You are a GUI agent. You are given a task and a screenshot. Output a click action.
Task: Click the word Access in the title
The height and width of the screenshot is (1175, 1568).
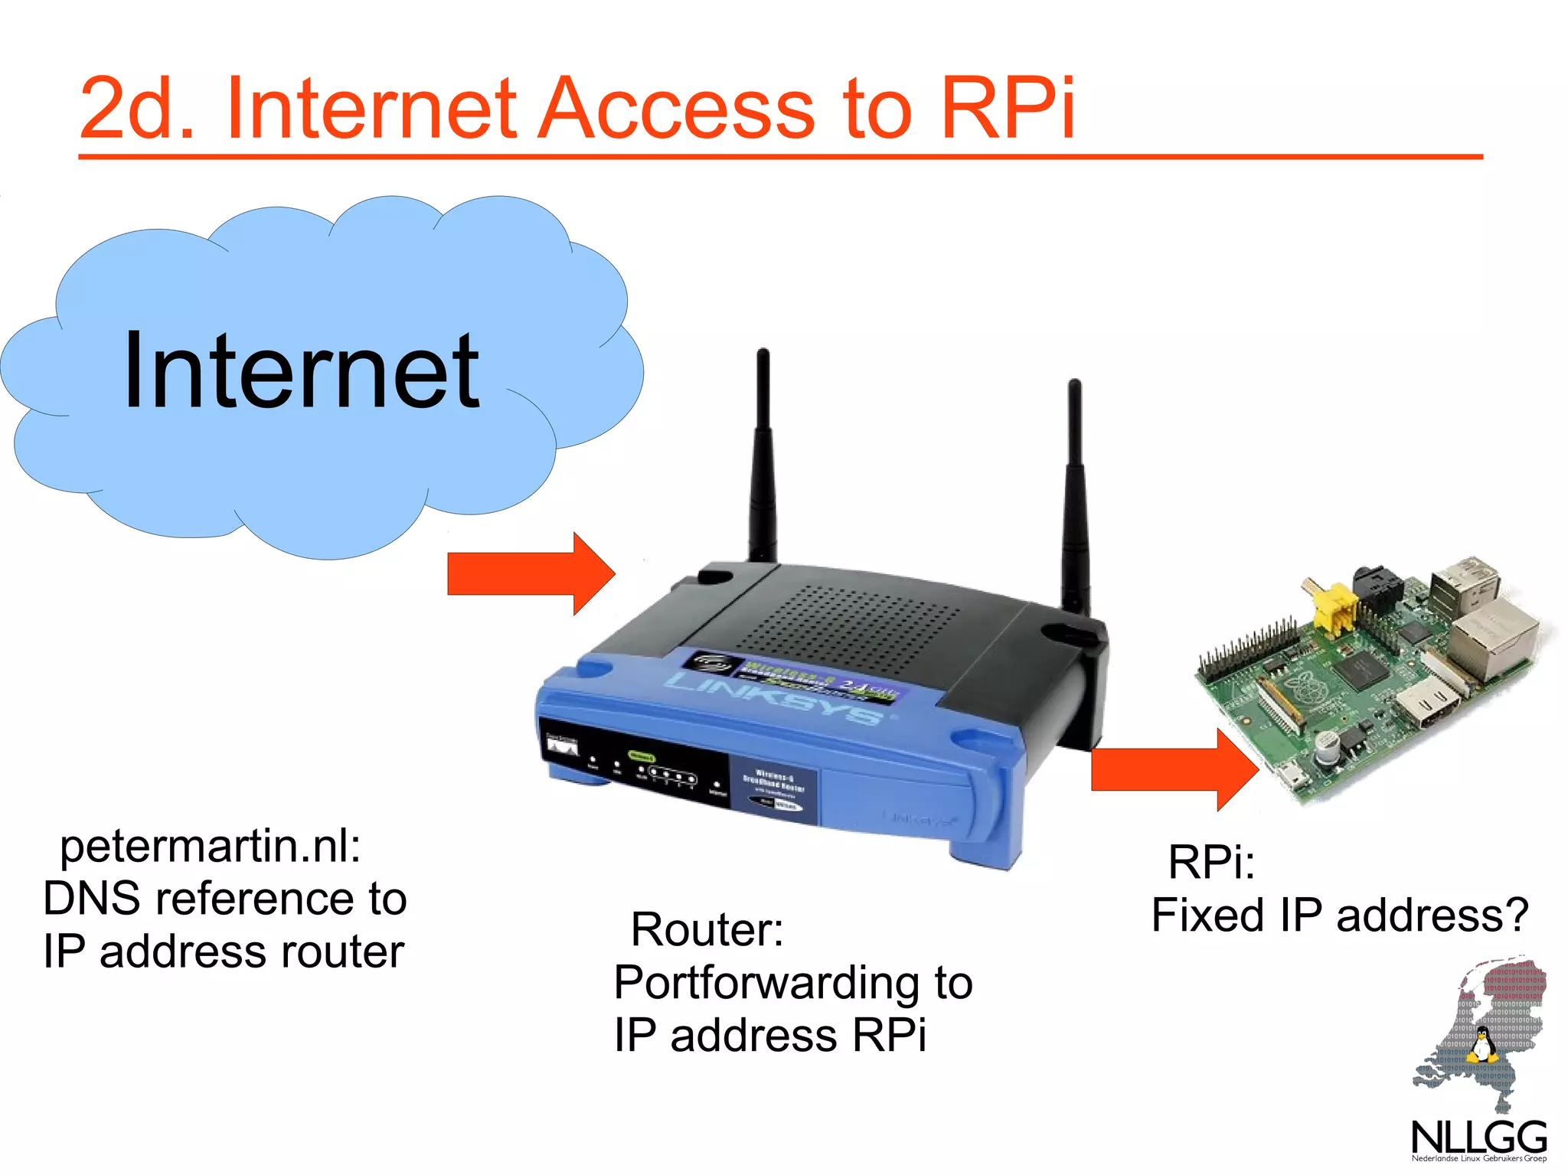[x=677, y=109]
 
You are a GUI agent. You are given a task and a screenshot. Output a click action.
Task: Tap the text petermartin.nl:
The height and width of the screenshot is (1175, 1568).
[x=210, y=847]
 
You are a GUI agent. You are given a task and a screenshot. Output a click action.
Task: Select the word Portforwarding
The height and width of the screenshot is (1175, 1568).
[x=766, y=983]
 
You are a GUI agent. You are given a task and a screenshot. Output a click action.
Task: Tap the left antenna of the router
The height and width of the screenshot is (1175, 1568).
[x=763, y=459]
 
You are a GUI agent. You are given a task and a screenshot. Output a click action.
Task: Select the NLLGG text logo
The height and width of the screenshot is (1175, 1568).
[x=1478, y=1137]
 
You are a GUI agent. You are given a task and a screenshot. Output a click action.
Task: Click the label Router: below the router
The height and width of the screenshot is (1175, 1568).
[x=707, y=930]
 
